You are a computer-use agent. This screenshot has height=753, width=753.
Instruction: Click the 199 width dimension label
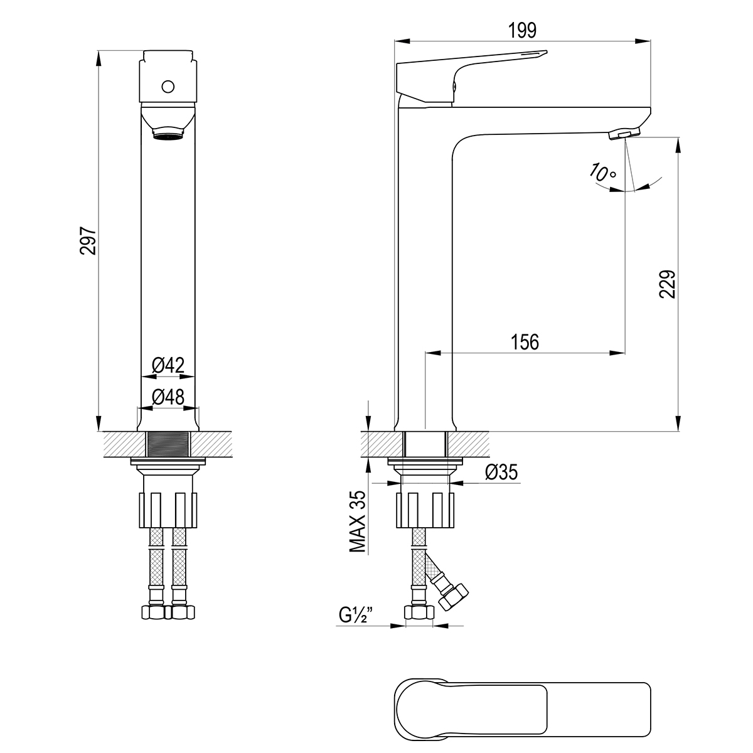pyautogui.click(x=522, y=31)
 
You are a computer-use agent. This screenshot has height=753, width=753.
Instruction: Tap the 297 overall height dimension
pyautogui.click(x=88, y=240)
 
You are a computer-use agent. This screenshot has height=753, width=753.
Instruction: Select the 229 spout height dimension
pyautogui.click(x=667, y=284)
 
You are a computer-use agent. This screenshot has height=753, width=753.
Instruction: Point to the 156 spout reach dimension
pyautogui.click(x=525, y=342)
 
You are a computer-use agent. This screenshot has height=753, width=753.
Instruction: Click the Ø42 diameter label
pyautogui.click(x=168, y=365)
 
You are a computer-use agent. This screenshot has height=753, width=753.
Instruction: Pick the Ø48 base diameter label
pyautogui.click(x=168, y=397)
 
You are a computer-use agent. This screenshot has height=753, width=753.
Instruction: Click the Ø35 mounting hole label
pyautogui.click(x=501, y=472)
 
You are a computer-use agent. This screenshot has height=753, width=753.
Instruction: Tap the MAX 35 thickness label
pyautogui.click(x=358, y=521)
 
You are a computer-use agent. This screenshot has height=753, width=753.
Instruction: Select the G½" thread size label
pyautogui.click(x=355, y=616)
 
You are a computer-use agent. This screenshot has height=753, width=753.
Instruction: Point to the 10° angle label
pyautogui.click(x=602, y=173)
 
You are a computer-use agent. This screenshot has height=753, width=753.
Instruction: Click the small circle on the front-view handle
pyautogui.click(x=168, y=87)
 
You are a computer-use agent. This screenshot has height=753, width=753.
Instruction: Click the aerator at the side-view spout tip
pyautogui.click(x=624, y=133)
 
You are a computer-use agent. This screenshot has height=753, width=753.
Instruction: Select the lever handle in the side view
pyautogui.click(x=471, y=77)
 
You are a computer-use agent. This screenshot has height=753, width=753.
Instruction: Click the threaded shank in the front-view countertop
pyautogui.click(x=168, y=444)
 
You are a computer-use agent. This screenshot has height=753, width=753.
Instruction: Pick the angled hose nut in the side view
pyautogui.click(x=453, y=597)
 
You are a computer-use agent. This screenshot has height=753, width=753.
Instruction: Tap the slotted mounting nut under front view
pyautogui.click(x=168, y=510)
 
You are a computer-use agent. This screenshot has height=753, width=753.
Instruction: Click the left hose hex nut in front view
pyautogui.click(x=153, y=612)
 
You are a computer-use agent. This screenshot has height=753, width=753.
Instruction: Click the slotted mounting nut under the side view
pyautogui.click(x=425, y=510)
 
